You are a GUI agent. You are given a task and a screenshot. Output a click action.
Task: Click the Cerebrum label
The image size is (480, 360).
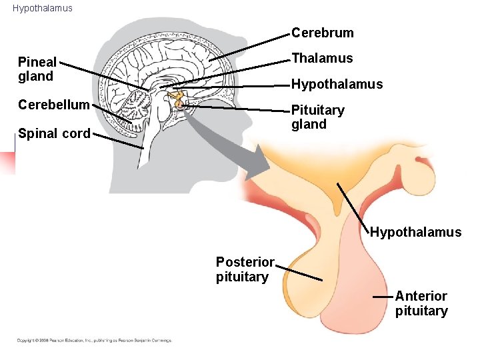coord(323,33)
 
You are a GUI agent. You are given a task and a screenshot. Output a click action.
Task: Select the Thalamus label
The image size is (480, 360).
coord(322,58)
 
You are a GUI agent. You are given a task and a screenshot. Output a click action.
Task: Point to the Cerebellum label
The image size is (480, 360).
coord(54,105)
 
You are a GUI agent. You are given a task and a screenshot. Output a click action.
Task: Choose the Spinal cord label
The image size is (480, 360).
coord(54,133)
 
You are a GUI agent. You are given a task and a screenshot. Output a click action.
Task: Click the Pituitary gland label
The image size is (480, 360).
coord(317,117)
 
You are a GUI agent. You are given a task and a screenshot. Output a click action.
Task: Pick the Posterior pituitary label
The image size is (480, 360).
coord(245,269)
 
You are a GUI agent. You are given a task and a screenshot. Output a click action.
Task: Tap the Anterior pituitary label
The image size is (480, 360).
coord(421,303)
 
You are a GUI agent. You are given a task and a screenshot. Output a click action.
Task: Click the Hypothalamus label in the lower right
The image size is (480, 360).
coord(415,232)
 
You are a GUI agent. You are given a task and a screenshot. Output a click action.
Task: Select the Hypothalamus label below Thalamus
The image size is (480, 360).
coord(337,84)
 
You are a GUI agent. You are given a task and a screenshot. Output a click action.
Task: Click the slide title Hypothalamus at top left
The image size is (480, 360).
coord(42,9)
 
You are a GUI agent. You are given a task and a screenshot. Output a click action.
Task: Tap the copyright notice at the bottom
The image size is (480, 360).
coord(94,341)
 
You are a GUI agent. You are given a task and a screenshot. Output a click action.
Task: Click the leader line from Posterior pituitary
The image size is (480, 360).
coord(299,273)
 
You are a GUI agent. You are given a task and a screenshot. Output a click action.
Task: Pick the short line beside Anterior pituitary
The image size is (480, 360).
coord(382,296)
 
